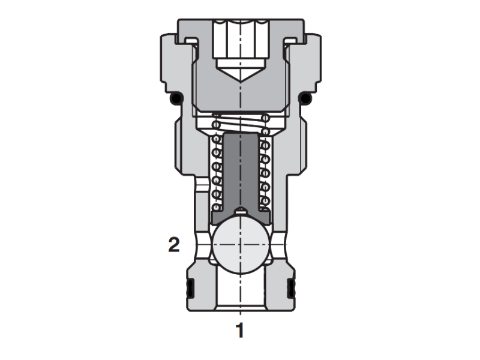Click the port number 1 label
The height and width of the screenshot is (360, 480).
pos(240,330)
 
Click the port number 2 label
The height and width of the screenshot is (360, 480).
pos(173,245)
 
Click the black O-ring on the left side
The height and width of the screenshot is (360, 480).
pos(175,98)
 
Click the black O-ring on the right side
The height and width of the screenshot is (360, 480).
pos(306,98)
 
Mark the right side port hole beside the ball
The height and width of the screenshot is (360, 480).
pos(278,246)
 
